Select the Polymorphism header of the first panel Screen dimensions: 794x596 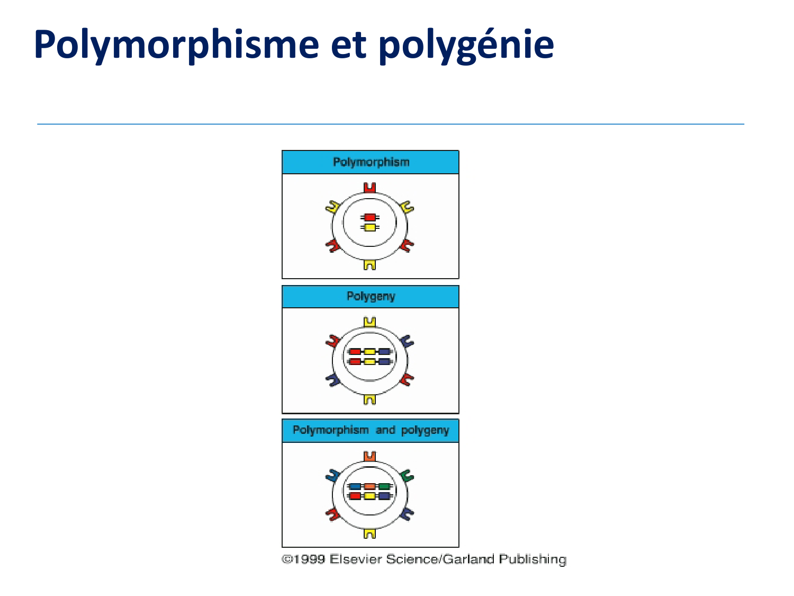(371, 162)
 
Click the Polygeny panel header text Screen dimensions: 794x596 (371, 296)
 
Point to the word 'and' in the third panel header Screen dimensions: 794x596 (385, 430)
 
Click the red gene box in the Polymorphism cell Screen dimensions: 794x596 (369, 217)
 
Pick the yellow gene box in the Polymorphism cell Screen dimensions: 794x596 (369, 227)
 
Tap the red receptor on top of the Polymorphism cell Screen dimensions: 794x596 (369, 188)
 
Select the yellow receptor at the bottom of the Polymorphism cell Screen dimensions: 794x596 (369, 265)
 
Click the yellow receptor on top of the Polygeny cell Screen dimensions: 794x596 (369, 322)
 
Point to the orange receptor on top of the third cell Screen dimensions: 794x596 (369, 456)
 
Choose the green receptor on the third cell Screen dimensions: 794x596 (407, 476)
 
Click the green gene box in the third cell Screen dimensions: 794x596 (384, 486)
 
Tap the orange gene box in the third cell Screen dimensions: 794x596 (369, 486)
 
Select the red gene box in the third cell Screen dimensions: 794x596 (355, 496)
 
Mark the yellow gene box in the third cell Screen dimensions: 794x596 (369, 496)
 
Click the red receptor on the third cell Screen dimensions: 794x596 (332, 514)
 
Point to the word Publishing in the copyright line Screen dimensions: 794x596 (533, 560)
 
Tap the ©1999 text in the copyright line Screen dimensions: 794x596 (303, 559)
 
